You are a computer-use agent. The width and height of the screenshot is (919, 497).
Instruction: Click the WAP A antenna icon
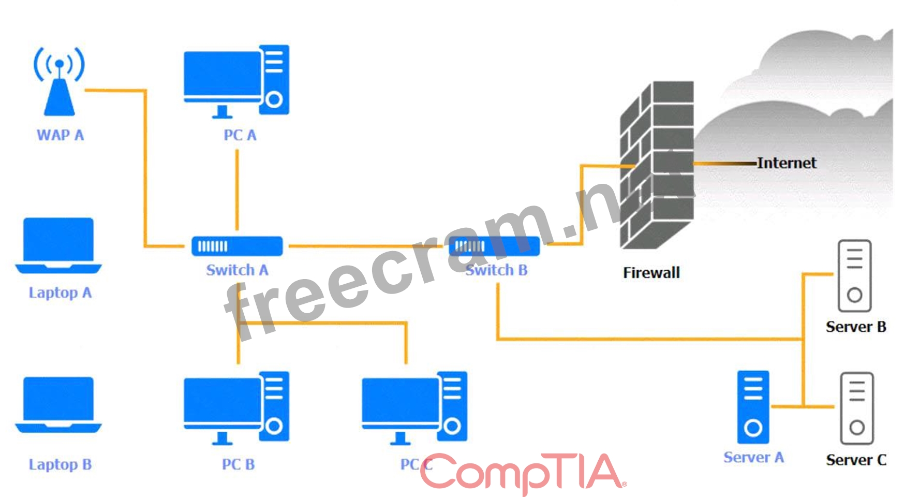(x=59, y=81)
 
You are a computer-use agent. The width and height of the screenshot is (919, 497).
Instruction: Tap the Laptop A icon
(x=58, y=245)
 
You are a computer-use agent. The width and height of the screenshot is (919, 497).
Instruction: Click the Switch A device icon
(x=237, y=246)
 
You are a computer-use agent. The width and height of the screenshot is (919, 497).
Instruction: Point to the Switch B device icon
(x=494, y=246)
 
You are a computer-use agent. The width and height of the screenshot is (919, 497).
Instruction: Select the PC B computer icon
(x=236, y=408)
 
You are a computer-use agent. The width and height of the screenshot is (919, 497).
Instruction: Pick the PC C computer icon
(x=414, y=408)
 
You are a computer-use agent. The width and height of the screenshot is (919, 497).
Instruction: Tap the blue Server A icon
(x=753, y=407)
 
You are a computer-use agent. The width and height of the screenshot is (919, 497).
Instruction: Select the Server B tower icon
(x=854, y=275)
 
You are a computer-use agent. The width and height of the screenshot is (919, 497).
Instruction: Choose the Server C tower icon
(x=856, y=408)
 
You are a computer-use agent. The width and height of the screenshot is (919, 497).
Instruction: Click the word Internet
(x=787, y=163)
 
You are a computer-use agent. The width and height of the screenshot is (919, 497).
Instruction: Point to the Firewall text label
(x=651, y=273)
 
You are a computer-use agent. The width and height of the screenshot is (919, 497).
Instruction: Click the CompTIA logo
(x=523, y=472)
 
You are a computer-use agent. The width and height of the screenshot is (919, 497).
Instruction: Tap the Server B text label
(x=856, y=327)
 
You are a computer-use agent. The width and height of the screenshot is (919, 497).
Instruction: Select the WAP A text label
(x=60, y=136)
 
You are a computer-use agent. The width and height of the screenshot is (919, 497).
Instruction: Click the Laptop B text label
(x=60, y=464)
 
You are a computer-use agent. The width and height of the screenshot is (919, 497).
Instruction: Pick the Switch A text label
(x=237, y=270)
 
